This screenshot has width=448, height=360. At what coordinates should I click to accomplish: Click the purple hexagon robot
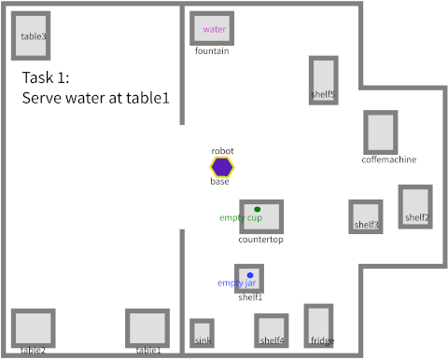click(x=222, y=167)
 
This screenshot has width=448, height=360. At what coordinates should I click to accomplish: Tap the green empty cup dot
click(x=258, y=209)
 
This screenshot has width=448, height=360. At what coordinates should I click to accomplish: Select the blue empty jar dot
click(x=250, y=275)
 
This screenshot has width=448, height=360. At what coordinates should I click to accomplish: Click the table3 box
click(x=31, y=36)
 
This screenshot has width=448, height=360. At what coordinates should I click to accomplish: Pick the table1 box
click(x=147, y=328)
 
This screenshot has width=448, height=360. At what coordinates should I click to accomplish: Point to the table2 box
click(x=33, y=328)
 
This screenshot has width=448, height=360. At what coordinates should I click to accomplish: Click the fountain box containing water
click(x=212, y=29)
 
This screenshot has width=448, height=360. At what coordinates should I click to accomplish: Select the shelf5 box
click(x=324, y=79)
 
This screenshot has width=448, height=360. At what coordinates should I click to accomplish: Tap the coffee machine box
click(x=380, y=132)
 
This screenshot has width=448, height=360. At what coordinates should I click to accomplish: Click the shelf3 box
click(x=365, y=215)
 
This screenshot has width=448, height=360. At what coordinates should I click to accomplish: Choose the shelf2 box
click(x=415, y=206)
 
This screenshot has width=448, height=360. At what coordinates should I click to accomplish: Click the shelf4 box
click(x=271, y=330)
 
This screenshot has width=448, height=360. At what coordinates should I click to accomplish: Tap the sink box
click(x=203, y=333)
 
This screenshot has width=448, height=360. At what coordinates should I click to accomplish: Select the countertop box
click(x=261, y=216)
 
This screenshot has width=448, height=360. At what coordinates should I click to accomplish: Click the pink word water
click(x=215, y=29)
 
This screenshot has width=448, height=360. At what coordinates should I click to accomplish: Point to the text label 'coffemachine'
click(x=388, y=159)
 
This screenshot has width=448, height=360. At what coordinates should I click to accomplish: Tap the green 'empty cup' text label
click(x=241, y=218)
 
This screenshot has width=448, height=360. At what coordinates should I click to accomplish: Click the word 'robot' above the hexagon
click(x=222, y=150)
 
